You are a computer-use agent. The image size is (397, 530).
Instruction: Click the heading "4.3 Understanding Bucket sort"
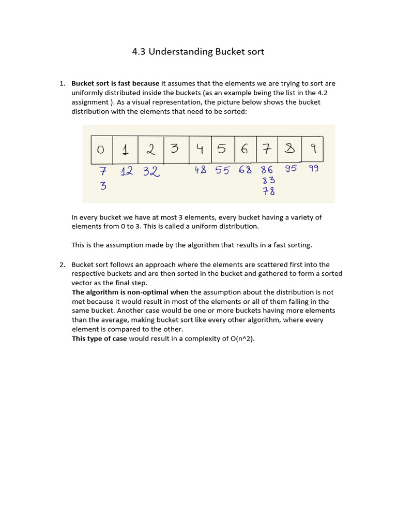click(198, 52)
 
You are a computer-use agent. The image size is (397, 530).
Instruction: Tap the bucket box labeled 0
click(101, 149)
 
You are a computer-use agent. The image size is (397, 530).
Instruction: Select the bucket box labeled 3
click(175, 149)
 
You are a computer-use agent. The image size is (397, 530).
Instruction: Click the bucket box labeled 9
click(313, 149)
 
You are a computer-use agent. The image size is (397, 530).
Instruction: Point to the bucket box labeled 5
click(222, 149)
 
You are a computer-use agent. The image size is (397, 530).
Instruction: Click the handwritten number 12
click(127, 171)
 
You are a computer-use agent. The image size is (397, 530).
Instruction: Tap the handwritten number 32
click(151, 171)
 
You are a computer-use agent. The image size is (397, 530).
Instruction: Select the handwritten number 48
click(201, 170)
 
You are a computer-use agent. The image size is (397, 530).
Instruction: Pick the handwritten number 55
click(222, 170)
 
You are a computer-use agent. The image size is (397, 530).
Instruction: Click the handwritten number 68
click(245, 170)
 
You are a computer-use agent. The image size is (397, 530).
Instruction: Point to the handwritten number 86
click(267, 170)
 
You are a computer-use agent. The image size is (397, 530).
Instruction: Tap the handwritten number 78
click(268, 191)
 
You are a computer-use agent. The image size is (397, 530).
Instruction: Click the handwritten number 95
click(291, 168)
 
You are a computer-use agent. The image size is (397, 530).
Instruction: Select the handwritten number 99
click(314, 168)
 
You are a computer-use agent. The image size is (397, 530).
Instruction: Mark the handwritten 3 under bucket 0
click(103, 186)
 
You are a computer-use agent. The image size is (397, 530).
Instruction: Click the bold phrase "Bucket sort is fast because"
click(115, 83)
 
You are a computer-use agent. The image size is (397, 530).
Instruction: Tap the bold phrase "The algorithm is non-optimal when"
click(130, 292)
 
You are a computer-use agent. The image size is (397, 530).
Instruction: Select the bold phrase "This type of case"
click(99, 338)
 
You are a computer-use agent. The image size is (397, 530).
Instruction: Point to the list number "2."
click(62, 264)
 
